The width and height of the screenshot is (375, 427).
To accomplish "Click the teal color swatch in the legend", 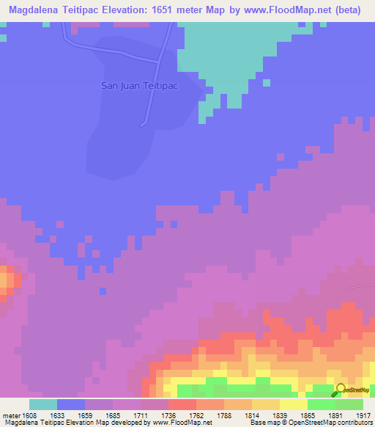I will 43,404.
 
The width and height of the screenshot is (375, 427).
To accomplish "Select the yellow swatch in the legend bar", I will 294,404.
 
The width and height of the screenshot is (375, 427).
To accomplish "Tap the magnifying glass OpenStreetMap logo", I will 341,390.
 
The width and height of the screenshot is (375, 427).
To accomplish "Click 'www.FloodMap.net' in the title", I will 271,10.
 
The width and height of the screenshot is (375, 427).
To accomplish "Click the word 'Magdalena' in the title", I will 33,10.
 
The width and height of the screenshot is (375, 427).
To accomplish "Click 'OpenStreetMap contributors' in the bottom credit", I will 333,423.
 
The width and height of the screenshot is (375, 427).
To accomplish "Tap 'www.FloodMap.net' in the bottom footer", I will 184,423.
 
